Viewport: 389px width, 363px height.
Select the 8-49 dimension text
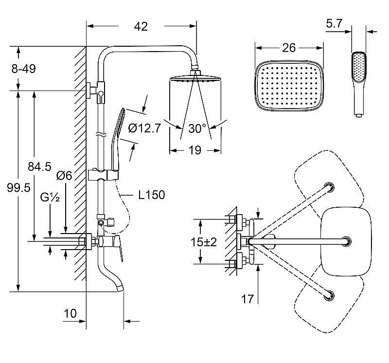click(23, 69)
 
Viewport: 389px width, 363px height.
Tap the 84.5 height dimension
click(39, 166)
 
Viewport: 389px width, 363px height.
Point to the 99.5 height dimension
click(18, 187)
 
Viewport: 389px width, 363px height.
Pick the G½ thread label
click(50, 197)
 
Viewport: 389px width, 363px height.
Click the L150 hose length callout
click(151, 195)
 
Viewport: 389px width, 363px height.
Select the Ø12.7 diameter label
click(144, 128)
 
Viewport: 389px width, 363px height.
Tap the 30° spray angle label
click(197, 128)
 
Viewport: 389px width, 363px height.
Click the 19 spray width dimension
click(194, 150)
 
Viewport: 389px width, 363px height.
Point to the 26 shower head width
click(288, 47)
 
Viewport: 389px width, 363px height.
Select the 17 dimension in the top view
click(248, 298)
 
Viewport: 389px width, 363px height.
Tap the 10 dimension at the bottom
click(71, 313)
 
